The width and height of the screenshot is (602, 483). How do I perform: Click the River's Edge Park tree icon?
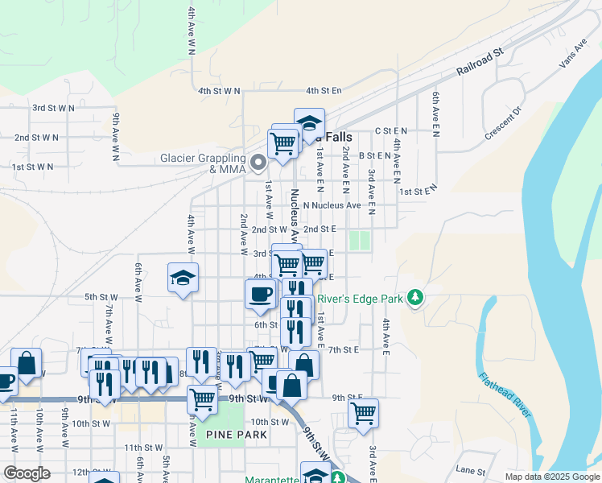(415, 299)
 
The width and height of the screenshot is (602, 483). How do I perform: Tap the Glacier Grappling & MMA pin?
(258, 163)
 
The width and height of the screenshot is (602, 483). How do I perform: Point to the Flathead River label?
(505, 394)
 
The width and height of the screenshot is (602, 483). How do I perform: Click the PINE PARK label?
(236, 435)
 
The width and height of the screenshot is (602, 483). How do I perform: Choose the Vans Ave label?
(573, 56)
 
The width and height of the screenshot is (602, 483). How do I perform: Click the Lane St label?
(472, 471)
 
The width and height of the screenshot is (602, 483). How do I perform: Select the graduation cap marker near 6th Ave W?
(183, 279)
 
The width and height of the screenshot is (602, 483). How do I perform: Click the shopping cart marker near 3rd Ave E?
(363, 413)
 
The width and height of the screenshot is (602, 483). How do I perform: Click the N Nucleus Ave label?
(331, 204)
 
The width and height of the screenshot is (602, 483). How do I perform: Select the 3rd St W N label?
(53, 107)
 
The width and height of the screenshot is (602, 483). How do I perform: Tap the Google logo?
(27, 473)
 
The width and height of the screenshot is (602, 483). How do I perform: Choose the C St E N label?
(391, 130)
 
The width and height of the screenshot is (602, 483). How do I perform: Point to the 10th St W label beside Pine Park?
(270, 422)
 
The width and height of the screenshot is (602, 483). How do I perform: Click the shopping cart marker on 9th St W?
(202, 398)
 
